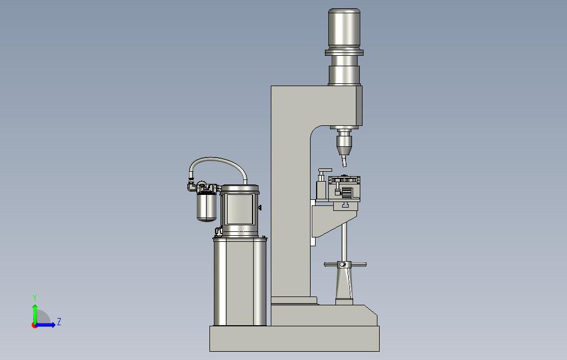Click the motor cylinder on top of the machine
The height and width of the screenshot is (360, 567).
point(344,28)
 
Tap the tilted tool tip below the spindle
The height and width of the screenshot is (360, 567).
point(344,161)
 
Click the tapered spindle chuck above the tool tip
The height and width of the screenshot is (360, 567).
point(344,144)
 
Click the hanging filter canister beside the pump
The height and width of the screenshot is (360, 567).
point(207,207)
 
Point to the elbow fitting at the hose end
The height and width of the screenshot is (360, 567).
point(191,186)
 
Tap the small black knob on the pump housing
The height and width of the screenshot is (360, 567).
point(260,208)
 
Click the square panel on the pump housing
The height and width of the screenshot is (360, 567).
point(240,209)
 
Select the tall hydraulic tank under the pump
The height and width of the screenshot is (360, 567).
point(240,281)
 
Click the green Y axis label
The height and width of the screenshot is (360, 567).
point(35,298)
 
